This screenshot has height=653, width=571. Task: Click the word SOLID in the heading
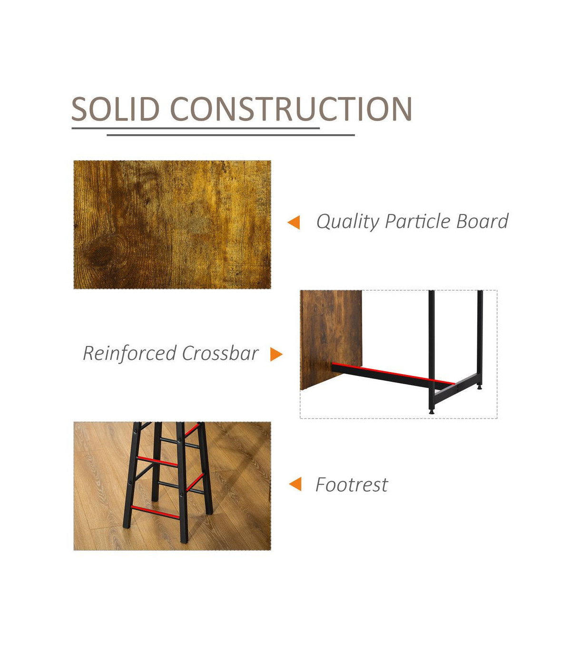click(x=116, y=109)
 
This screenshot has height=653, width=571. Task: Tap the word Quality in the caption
click(x=348, y=221)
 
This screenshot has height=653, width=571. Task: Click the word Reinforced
click(x=129, y=354)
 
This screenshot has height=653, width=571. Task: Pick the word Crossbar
click(x=220, y=353)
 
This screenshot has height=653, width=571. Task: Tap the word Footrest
click(x=352, y=485)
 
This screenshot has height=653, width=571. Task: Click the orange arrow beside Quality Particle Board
click(x=294, y=222)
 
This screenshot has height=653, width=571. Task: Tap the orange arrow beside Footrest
click(x=295, y=484)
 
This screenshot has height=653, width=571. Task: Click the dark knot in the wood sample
click(x=101, y=256)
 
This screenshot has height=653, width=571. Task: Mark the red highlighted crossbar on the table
click(x=394, y=373)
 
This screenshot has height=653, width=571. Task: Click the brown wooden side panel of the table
click(x=331, y=340)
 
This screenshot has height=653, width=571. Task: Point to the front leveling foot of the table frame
click(x=432, y=411)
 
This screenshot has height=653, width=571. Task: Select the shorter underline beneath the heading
click(x=231, y=135)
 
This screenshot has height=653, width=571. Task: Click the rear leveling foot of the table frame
click(x=480, y=387)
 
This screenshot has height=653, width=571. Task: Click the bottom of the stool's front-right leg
click(x=184, y=539)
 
